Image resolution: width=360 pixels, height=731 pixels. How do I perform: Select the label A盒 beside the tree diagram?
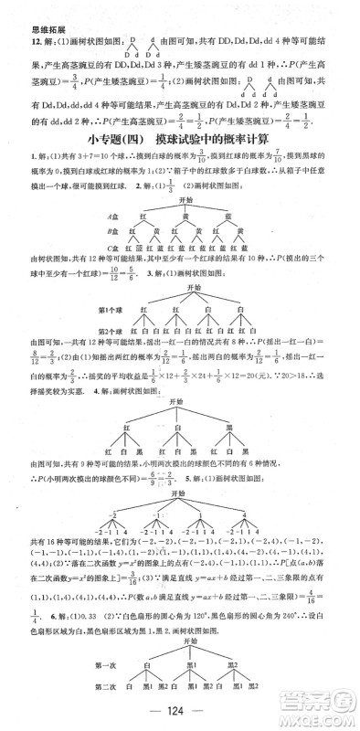[x=114, y=216]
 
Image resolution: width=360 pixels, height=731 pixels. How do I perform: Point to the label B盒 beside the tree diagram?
[x=114, y=231]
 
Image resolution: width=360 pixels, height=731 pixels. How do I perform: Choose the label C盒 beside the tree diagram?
[x=114, y=247]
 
